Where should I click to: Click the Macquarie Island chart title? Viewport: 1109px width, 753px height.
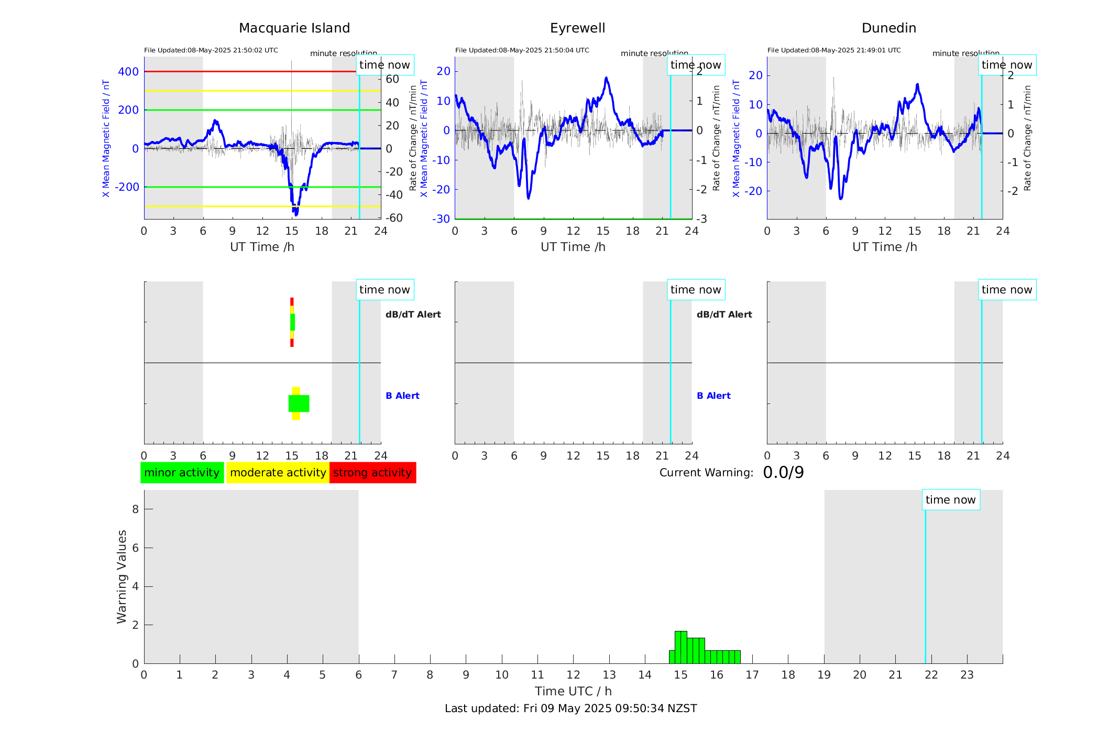tap(294, 28)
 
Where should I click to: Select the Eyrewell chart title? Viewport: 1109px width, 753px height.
tap(577, 28)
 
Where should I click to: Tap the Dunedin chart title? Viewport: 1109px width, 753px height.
tap(888, 28)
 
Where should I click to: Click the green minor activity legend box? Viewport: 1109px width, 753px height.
tap(182, 473)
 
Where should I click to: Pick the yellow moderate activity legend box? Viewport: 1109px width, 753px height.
tap(278, 473)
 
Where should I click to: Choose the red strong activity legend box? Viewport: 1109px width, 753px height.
tap(372, 473)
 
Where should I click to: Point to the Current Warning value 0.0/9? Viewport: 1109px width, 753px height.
tap(783, 473)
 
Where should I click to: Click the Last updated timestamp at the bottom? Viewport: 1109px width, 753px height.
tap(570, 708)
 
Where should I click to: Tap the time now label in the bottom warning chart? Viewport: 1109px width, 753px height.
tap(950, 500)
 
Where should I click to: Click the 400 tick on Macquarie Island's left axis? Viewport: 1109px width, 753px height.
tap(128, 72)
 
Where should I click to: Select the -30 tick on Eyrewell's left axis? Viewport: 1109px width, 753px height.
tap(441, 219)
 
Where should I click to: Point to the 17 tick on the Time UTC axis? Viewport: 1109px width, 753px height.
tap(752, 675)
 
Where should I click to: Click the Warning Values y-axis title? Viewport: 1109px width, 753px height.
tap(122, 576)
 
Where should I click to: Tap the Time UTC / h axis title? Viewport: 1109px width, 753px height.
tap(573, 691)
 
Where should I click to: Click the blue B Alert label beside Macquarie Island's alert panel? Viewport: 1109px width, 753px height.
tap(402, 396)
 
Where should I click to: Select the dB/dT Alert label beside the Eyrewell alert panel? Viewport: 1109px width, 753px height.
tap(724, 314)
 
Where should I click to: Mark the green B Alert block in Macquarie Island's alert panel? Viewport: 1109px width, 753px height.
tap(299, 403)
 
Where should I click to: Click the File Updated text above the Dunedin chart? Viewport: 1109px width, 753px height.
tap(834, 50)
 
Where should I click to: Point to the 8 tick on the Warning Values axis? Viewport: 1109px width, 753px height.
tap(135, 509)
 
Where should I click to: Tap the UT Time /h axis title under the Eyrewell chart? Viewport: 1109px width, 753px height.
tap(573, 247)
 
